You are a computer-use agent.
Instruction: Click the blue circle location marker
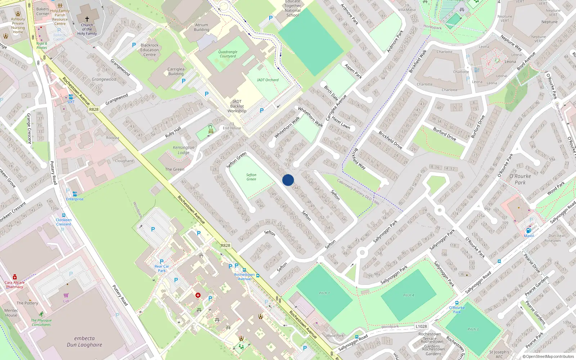click(288, 180)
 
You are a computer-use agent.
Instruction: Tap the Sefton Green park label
click(251, 177)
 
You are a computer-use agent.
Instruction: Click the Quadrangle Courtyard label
click(228, 54)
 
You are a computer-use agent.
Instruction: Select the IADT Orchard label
click(267, 80)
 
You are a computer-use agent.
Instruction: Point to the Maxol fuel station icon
click(528, 231)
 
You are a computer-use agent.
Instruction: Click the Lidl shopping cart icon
click(66, 296)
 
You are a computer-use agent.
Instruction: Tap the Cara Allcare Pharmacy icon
click(15, 277)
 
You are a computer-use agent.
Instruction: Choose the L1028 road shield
click(421, 327)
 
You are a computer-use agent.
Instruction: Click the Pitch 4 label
click(408, 295)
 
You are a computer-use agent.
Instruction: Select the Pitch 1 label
click(324, 293)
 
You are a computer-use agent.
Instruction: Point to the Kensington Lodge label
click(184, 150)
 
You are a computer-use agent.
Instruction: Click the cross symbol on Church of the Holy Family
click(87, 19)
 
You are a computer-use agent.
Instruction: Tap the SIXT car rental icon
click(71, 97)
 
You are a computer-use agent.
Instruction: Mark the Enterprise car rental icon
click(75, 194)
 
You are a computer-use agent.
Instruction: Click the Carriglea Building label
click(176, 71)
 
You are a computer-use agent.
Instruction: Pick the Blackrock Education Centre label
click(150, 50)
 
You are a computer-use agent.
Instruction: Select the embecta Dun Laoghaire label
click(84, 342)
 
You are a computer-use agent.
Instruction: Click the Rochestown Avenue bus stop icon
click(244, 270)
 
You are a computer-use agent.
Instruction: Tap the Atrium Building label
click(202, 27)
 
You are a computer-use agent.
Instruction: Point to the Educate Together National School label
click(293, 8)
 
